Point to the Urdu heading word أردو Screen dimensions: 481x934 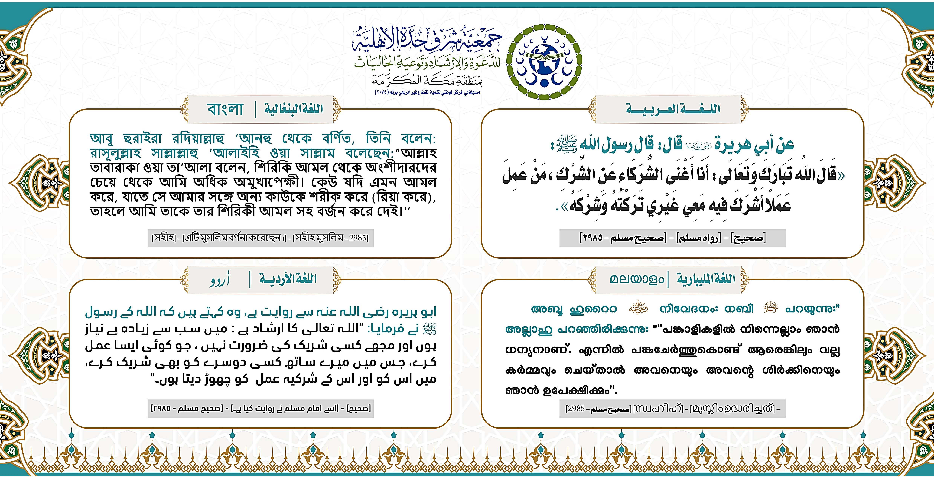pos(220,280)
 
